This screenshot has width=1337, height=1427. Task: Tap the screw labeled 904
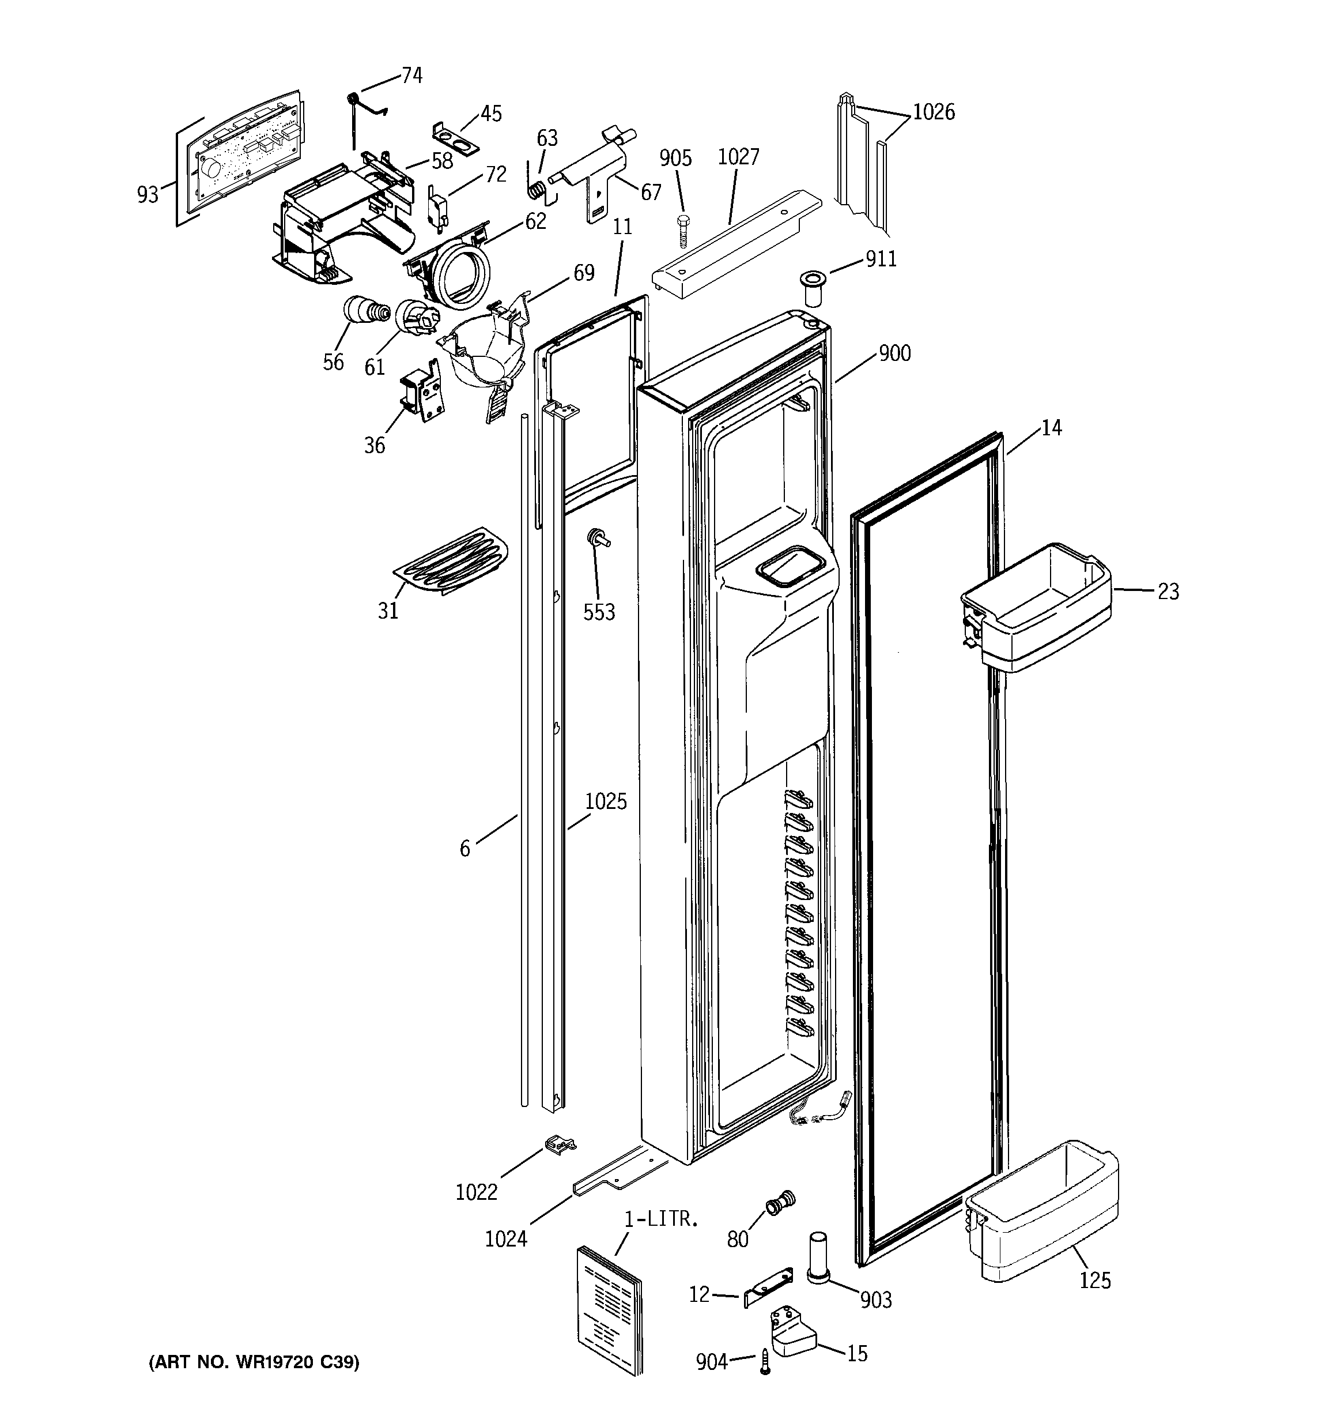pyautogui.click(x=765, y=1362)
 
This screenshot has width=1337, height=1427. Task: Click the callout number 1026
pyautogui.click(x=933, y=112)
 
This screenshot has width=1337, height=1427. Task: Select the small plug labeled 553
pyautogui.click(x=596, y=539)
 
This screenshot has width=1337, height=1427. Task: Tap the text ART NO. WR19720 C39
pyautogui.click(x=254, y=1362)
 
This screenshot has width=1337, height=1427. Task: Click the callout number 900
pyautogui.click(x=894, y=353)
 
